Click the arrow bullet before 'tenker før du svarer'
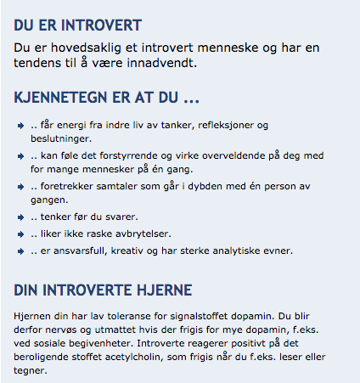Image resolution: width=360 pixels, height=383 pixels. click(x=20, y=217)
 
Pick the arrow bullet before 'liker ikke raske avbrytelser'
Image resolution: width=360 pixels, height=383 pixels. click(x=20, y=234)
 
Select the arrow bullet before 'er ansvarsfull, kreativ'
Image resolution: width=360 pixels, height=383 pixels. click(x=20, y=251)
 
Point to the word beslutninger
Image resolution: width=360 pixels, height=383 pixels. click(x=59, y=138)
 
